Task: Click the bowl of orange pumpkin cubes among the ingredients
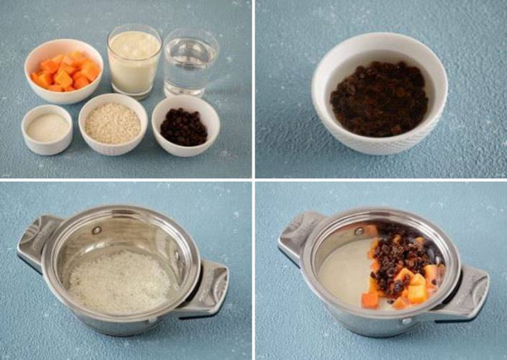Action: point(64,69)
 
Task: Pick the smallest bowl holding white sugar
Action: point(46,128)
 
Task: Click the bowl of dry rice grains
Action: point(112,124)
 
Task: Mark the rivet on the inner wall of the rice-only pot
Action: point(98,230)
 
